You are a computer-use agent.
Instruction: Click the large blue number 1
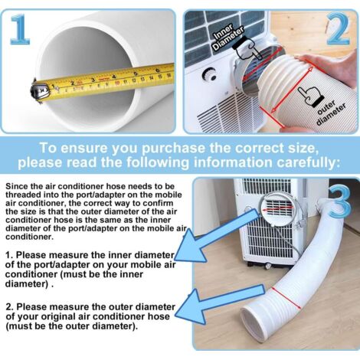click(20, 29)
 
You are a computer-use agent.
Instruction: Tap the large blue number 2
click(339, 28)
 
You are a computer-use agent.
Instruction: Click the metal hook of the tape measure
click(38, 90)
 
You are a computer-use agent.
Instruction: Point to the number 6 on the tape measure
click(158, 70)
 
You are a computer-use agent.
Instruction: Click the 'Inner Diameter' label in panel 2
click(227, 38)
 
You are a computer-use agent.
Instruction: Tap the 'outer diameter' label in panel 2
click(330, 113)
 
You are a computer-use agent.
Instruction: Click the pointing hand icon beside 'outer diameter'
click(311, 96)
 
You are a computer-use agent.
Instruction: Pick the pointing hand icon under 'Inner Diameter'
click(246, 49)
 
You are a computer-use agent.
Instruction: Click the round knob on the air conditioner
click(209, 74)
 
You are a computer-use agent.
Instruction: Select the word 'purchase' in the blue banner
click(174, 149)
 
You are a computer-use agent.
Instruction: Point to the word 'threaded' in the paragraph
click(24, 195)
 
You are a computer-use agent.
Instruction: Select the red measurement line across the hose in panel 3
click(286, 298)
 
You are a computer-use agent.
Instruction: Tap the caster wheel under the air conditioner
click(267, 266)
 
